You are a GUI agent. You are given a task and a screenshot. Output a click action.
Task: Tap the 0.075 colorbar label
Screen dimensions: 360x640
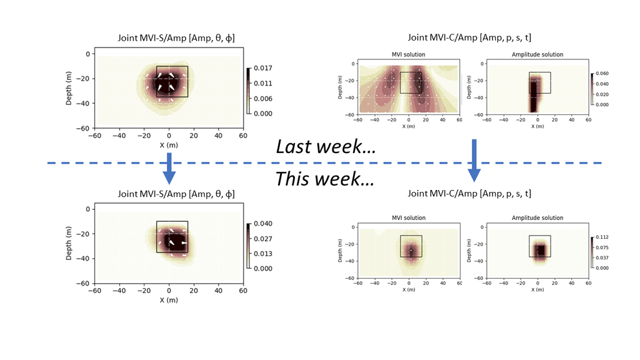(x=602, y=247)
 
